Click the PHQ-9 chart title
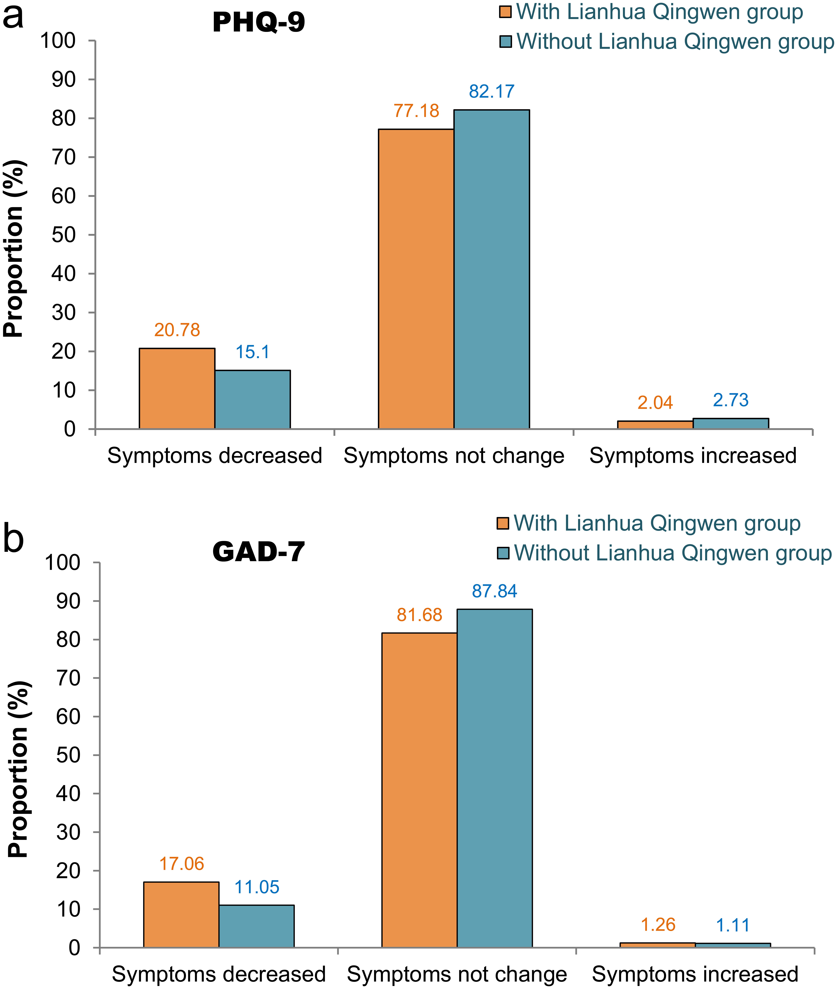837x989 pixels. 259,22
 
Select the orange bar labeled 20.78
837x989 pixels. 177,389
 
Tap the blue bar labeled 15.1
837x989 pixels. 252,400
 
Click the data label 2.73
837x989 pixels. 731,400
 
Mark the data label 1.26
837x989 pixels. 658,925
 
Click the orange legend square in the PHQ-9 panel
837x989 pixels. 505,12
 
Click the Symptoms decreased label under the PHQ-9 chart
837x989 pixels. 215,456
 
